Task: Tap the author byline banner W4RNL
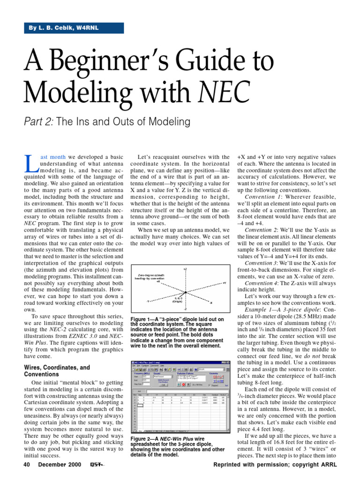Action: click(x=74, y=28)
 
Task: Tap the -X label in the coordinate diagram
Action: click(x=210, y=302)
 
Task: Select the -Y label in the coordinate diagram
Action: click(x=148, y=301)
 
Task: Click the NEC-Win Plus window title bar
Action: click(x=178, y=363)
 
